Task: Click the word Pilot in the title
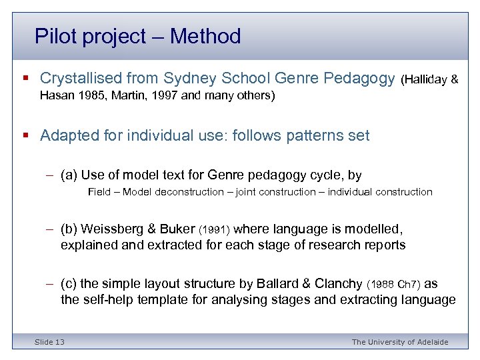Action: pyautogui.click(x=54, y=36)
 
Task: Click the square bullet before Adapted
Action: pyautogui.click(x=25, y=136)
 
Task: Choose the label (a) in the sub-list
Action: pyautogui.click(x=69, y=175)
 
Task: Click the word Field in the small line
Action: pyautogui.click(x=99, y=192)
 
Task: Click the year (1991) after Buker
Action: pyautogui.click(x=215, y=230)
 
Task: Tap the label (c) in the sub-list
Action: pyautogui.click(x=69, y=284)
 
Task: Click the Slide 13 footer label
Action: pyautogui.click(x=50, y=342)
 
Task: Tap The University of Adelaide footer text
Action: pyautogui.click(x=400, y=342)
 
